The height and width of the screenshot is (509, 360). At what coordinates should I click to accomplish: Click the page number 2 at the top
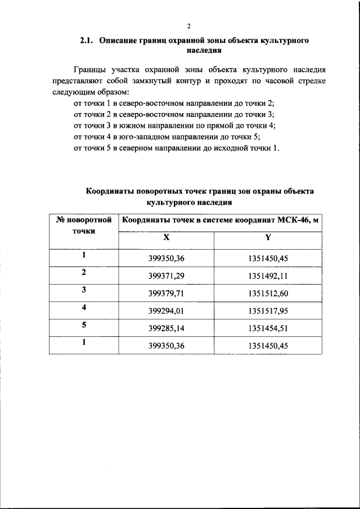point(188,26)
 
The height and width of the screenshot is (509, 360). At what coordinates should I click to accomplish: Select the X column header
point(166,237)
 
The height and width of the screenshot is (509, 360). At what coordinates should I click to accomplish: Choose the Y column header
point(268,237)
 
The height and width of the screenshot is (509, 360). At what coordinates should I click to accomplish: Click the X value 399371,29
point(166,276)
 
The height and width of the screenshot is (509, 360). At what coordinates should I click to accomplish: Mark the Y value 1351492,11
point(268,276)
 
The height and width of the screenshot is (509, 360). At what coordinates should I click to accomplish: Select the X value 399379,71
point(166,294)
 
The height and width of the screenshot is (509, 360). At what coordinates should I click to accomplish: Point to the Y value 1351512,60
point(268,294)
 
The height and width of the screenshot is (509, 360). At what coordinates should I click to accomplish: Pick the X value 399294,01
point(166,311)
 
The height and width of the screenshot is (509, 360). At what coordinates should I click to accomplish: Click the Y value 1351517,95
point(268,311)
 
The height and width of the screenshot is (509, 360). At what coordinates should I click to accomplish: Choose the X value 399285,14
point(166,328)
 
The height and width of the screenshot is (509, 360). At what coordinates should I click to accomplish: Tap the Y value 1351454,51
point(268,328)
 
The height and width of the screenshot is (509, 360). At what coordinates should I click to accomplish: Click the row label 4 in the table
point(83,308)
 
